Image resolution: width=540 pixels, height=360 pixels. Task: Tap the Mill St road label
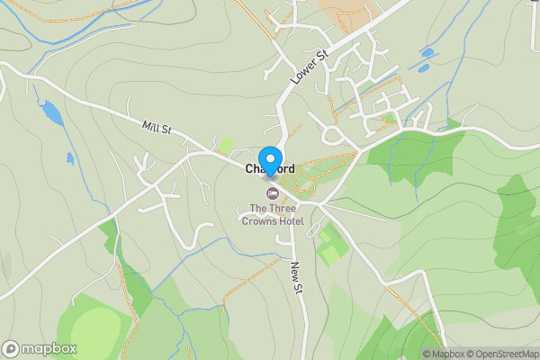[157, 130]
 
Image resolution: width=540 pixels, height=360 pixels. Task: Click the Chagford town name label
[270, 169]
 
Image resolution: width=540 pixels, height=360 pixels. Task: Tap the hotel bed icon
[271, 193]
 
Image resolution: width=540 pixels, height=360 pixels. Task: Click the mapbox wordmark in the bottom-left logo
[49, 349]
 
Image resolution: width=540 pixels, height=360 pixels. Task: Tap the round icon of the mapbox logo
[11, 349]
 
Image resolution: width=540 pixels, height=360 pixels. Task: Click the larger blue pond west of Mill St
[52, 112]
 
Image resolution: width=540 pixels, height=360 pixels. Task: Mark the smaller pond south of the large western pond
[70, 159]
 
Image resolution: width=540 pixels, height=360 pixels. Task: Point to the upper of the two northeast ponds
[427, 52]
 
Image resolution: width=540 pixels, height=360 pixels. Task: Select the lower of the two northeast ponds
[421, 66]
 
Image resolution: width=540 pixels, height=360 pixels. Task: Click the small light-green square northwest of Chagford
[227, 145]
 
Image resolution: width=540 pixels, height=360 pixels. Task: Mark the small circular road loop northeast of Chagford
[332, 136]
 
